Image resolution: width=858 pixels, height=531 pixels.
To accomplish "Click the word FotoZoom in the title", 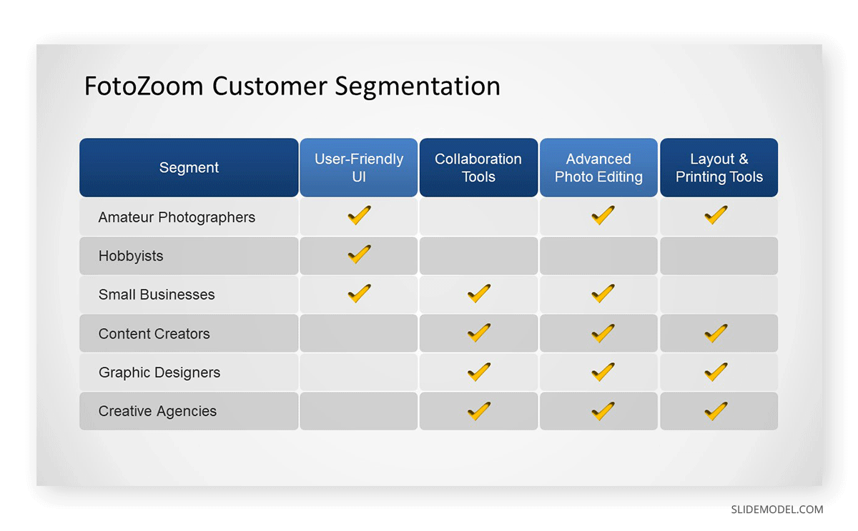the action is point(144,86).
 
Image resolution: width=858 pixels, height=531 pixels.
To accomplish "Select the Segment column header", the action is point(189,168).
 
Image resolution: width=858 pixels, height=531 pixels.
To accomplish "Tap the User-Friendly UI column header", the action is point(358,168).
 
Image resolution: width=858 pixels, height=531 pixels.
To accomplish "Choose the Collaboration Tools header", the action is point(478,168).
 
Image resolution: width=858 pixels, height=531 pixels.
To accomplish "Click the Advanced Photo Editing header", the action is point(598,168).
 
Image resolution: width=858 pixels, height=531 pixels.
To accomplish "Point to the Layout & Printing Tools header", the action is point(719,168).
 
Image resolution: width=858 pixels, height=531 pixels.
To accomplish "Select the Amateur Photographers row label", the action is point(177,217).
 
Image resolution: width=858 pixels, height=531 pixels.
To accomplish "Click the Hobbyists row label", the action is point(131,256).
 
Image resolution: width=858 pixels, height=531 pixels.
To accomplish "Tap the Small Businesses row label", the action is point(157,294).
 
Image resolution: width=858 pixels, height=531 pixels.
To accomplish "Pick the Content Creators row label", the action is point(154,334).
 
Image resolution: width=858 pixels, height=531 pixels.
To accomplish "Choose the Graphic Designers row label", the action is point(159,372).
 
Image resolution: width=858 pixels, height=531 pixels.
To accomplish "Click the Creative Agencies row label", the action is point(157,411).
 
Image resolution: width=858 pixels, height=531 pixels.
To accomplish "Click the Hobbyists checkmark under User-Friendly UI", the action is point(359,254).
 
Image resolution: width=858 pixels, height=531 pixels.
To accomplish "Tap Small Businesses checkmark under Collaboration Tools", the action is point(479,293).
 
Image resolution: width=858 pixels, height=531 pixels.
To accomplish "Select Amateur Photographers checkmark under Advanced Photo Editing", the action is point(603,215).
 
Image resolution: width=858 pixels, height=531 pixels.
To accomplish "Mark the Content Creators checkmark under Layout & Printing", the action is point(716,333).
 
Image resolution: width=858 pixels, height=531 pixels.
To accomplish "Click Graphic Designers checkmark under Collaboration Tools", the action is point(479,372).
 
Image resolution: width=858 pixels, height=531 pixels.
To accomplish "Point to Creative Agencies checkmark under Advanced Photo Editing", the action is point(603,411).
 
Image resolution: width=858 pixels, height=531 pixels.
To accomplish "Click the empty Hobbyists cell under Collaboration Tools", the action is point(478,256).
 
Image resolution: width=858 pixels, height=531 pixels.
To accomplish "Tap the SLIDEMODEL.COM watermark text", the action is point(776,510).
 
